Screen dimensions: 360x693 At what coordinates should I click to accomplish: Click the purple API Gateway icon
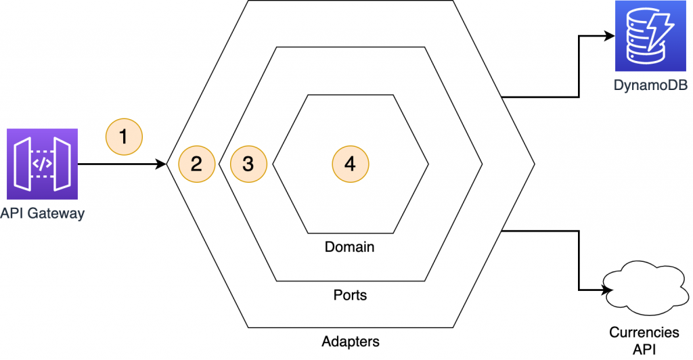[x=43, y=163]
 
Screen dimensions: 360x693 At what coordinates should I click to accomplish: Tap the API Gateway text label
[x=43, y=214]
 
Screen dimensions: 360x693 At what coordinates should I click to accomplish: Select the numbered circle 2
[x=196, y=164]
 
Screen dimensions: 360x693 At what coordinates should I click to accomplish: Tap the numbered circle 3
[x=248, y=164]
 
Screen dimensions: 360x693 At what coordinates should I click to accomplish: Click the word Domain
[x=349, y=247]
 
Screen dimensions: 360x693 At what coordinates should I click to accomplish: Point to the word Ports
[x=350, y=296]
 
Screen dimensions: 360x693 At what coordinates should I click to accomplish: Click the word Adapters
[x=350, y=341]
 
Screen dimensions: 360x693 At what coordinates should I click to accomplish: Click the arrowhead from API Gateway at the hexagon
[x=162, y=164]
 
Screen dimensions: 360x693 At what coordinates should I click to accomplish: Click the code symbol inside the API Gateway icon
[x=43, y=163]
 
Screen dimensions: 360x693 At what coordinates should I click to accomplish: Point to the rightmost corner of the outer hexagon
[x=535, y=164]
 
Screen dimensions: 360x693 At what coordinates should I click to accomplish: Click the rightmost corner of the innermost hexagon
[x=428, y=164]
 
